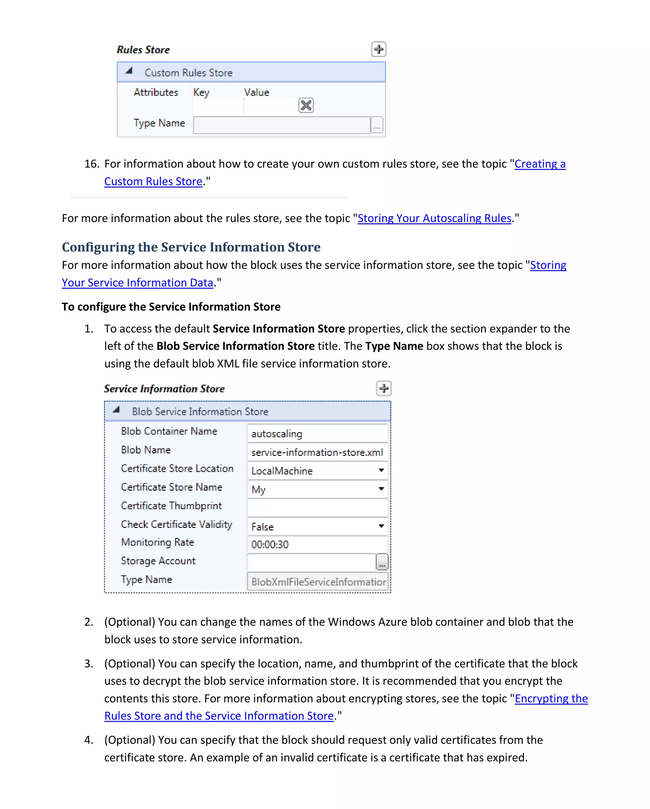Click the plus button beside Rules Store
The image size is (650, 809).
point(378,49)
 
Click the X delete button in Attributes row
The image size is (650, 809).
point(306,105)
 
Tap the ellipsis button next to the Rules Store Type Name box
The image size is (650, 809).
point(377,125)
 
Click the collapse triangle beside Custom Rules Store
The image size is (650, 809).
point(129,70)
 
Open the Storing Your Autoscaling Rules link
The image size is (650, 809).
point(434,218)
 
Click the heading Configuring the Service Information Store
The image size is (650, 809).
point(191,247)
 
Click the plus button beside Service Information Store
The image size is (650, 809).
point(383,388)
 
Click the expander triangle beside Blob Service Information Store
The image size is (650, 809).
point(116,410)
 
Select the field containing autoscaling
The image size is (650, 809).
point(317,433)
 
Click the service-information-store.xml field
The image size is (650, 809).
point(317,452)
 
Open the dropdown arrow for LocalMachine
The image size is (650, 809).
point(381,470)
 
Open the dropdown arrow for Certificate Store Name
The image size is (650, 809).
point(381,489)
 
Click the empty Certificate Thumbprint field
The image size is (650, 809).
point(317,508)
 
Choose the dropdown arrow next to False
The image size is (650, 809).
point(381,526)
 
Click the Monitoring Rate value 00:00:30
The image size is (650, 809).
point(317,544)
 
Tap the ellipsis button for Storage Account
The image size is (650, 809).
point(382,562)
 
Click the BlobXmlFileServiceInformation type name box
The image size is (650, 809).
point(317,582)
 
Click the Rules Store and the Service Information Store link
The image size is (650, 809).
point(219,716)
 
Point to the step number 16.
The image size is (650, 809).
point(92,164)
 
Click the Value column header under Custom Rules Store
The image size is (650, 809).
point(256,92)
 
